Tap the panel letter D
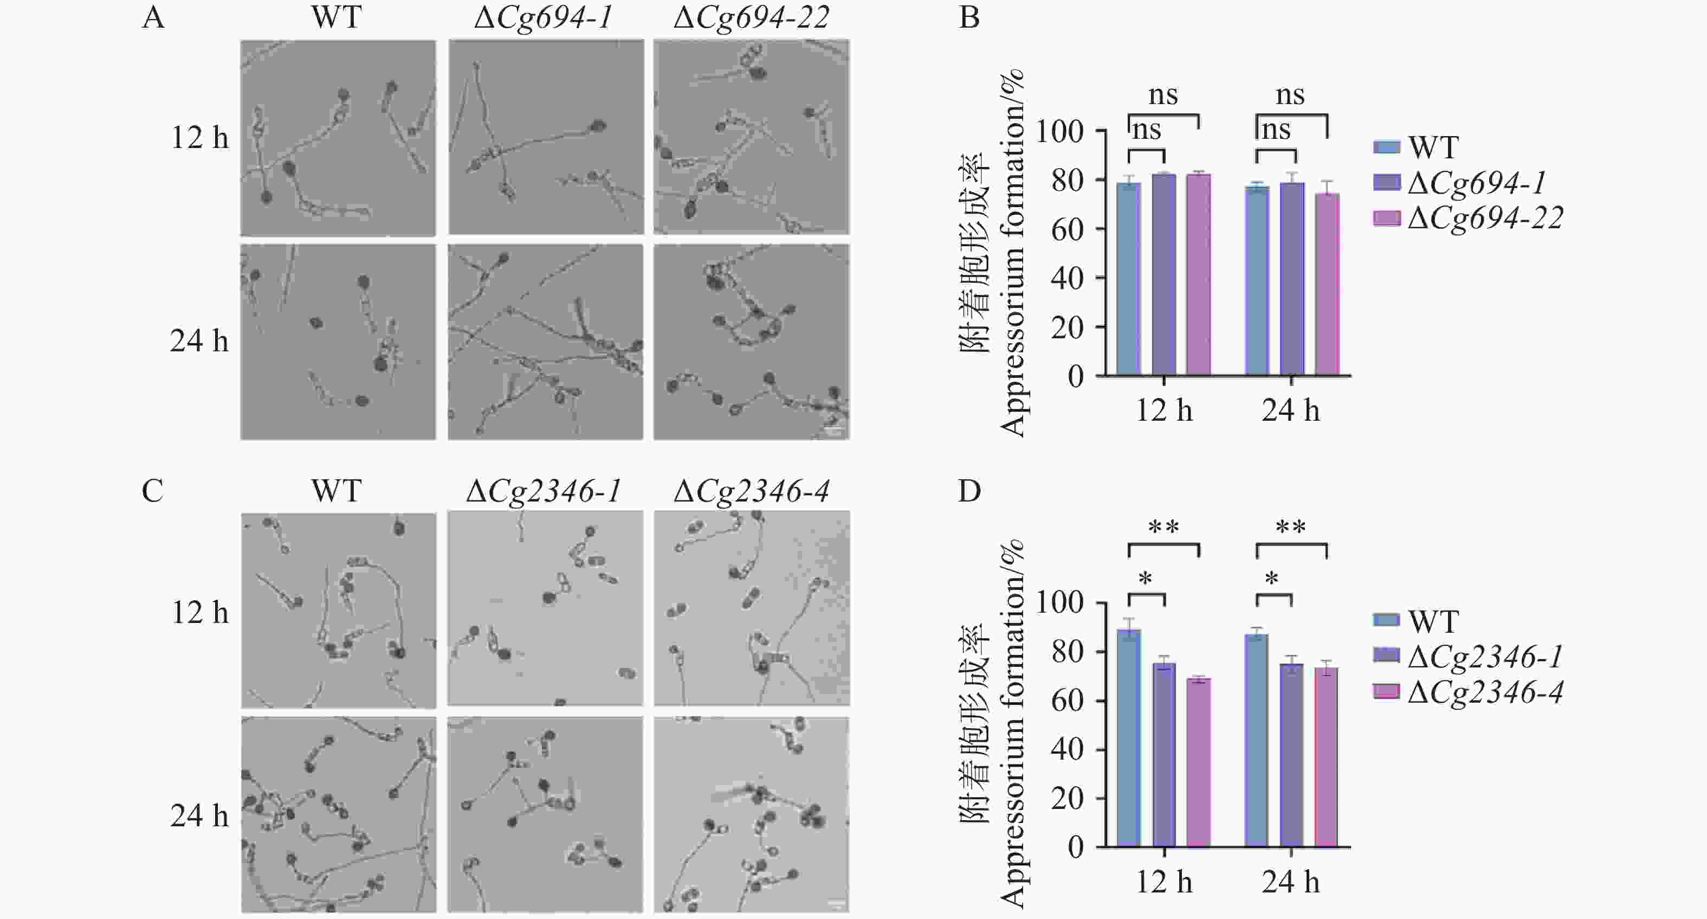[x=969, y=491]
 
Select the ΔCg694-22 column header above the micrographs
[x=751, y=18]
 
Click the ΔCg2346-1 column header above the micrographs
[x=544, y=491]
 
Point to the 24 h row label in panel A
[x=199, y=342]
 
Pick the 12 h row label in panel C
[x=199, y=612]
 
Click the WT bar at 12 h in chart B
[x=1128, y=279]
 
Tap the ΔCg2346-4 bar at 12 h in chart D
[x=1198, y=762]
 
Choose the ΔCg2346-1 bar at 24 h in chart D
[x=1291, y=755]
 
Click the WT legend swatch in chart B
[x=1386, y=147]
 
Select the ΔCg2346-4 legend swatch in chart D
[x=1386, y=692]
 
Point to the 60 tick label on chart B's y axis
[x=1067, y=229]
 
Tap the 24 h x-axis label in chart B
[x=1290, y=411]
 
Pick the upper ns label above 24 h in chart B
[x=1290, y=95]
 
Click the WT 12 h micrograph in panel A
[x=338, y=138]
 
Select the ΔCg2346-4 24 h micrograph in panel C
[x=752, y=815]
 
